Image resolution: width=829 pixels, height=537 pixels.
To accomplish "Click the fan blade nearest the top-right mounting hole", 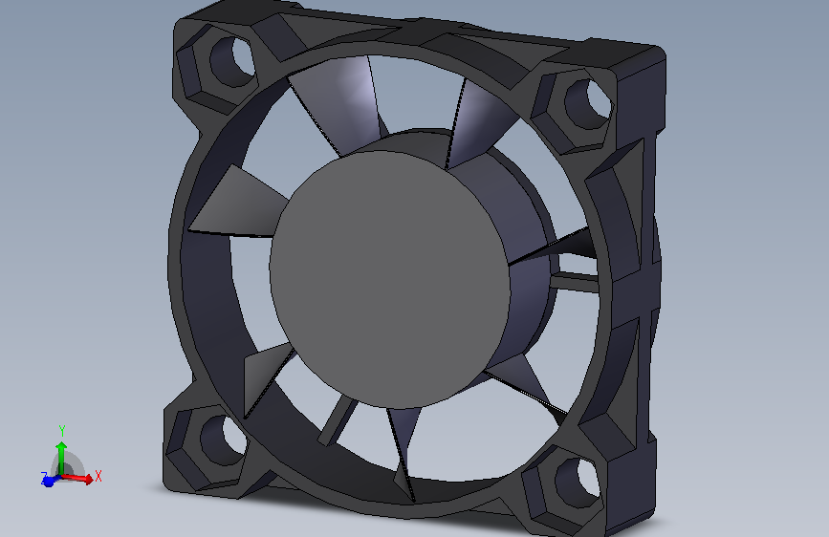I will pos(475,119).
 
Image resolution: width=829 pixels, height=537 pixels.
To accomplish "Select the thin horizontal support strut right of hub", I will pos(574,279).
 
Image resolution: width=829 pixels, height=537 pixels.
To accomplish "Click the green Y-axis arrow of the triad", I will pos(61,454).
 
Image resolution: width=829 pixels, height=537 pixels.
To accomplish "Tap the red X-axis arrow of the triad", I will pos(80,479).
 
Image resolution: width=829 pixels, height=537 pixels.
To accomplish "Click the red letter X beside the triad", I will pos(98,475).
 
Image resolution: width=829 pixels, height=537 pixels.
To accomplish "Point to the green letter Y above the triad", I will pos(61,430).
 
